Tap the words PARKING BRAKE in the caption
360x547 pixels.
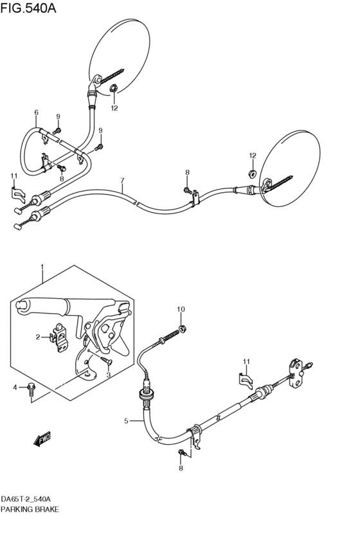pos(30,509)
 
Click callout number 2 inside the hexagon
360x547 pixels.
pos(37,336)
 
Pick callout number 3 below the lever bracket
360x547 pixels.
pos(108,375)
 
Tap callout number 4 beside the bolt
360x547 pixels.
pos(14,387)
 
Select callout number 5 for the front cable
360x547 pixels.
pos(127,421)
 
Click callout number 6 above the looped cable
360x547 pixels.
pos(36,112)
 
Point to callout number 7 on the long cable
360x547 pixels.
pos(122,181)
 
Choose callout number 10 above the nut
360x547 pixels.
pos(181,310)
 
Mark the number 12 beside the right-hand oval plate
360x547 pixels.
pos(253,156)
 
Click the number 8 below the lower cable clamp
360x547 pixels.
pos(181,469)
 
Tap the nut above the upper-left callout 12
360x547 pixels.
pos(113,89)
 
